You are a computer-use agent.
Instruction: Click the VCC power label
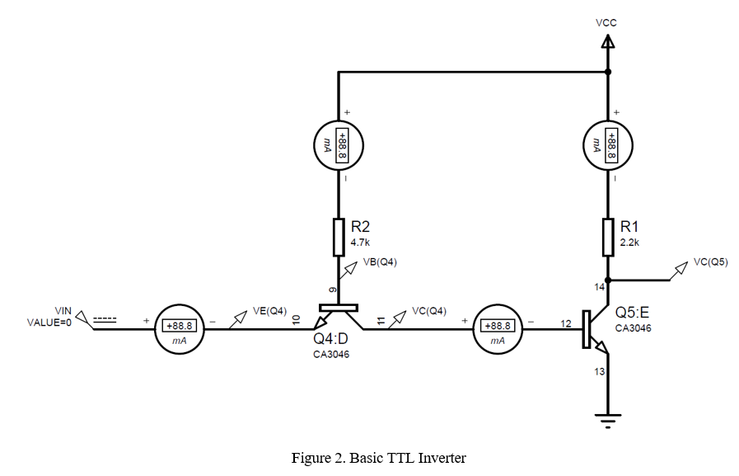606,23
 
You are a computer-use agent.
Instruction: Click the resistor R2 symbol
339,237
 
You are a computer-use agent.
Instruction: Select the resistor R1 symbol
607,237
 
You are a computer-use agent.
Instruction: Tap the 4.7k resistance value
361,243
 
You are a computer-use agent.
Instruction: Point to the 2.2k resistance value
629,243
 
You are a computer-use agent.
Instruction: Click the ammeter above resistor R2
339,144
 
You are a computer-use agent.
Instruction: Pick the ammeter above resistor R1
607,144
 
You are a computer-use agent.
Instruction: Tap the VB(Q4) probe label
381,263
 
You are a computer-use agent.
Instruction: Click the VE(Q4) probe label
269,311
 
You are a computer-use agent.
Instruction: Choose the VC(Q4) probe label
428,311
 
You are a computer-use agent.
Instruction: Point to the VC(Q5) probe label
710,262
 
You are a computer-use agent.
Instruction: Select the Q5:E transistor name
632,313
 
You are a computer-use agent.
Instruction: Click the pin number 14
598,287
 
